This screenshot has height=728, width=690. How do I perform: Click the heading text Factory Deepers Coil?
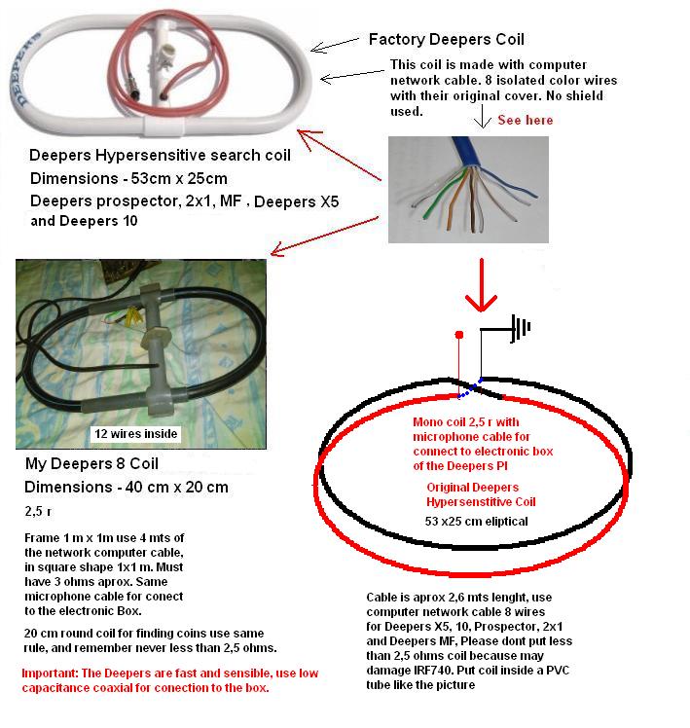(447, 40)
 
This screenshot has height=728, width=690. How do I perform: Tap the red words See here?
(526, 120)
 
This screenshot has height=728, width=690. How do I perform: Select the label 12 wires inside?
(136, 434)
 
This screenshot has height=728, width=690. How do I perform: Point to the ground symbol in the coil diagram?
(520, 328)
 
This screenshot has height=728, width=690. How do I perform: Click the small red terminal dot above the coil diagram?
(459, 335)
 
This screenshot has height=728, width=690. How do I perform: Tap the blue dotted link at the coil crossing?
(469, 388)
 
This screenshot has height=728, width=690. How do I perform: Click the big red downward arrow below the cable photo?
(482, 284)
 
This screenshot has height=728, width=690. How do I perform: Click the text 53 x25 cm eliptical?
(477, 522)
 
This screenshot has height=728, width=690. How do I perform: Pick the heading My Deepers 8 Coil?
(91, 463)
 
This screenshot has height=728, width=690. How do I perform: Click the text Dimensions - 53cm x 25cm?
(128, 178)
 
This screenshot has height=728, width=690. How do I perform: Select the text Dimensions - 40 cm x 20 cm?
(127, 487)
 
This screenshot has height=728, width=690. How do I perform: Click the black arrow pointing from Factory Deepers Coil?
(335, 45)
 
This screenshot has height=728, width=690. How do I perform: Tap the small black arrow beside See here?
(483, 116)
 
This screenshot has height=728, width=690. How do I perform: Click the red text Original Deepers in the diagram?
(473, 487)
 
